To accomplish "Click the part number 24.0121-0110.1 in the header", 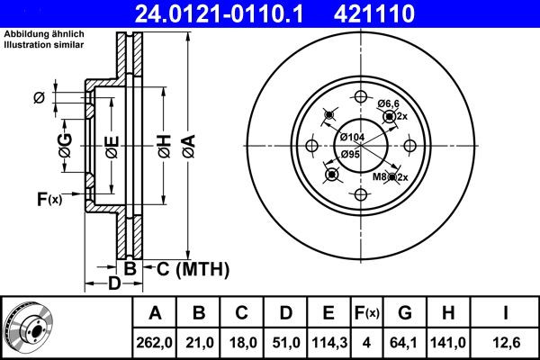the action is pyautogui.click(x=219, y=13).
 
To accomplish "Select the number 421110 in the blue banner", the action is pyautogui.click(x=374, y=13).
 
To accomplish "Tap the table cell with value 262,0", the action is pyautogui.click(x=154, y=343).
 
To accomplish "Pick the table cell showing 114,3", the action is pyautogui.click(x=329, y=343).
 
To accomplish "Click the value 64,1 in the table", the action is pyautogui.click(x=403, y=343).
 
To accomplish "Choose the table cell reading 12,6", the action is pyautogui.click(x=506, y=343).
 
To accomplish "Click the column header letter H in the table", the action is pyautogui.click(x=447, y=313).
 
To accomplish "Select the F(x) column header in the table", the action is pyautogui.click(x=367, y=313).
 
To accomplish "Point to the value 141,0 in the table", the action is pyautogui.click(x=448, y=343).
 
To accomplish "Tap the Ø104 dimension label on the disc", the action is pyautogui.click(x=352, y=137).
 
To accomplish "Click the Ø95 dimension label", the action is pyautogui.click(x=350, y=154).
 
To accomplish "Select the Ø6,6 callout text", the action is pyautogui.click(x=388, y=103).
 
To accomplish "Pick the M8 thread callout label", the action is pyautogui.click(x=380, y=177).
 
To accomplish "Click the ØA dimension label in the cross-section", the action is pyautogui.click(x=189, y=146).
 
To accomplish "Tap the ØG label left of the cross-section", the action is pyautogui.click(x=65, y=146).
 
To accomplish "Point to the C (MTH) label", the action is pyautogui.click(x=193, y=269).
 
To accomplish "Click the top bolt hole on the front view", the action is pyautogui.click(x=361, y=97).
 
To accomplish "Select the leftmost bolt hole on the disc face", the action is pyautogui.click(x=312, y=146).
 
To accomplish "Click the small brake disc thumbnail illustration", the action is pyautogui.click(x=28, y=328).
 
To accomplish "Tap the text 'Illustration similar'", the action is pyautogui.click(x=44, y=44).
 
